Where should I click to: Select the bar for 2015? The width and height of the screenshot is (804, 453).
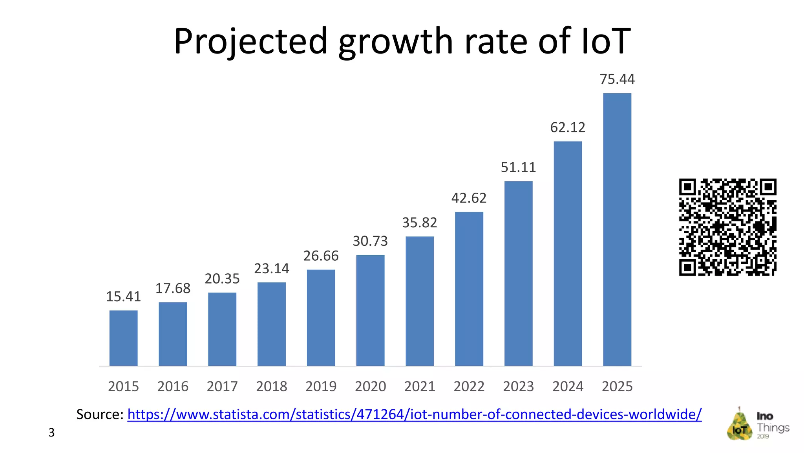point(123,338)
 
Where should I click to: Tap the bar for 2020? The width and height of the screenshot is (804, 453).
point(370,310)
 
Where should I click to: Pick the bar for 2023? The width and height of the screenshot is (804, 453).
point(518,273)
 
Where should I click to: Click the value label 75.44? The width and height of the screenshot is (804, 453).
point(617,79)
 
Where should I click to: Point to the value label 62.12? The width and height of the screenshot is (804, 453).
point(568,127)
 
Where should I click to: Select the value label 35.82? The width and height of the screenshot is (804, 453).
point(419,223)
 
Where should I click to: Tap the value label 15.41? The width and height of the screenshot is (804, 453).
point(123,296)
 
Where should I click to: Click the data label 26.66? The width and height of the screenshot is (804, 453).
point(321,256)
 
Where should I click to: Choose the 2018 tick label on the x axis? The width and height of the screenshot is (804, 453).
point(271,386)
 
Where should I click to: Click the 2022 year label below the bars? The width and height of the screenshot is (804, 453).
point(469,386)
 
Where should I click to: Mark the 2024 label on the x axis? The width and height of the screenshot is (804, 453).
point(568,386)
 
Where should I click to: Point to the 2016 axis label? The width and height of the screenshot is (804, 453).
point(173,386)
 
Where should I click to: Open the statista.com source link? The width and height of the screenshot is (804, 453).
point(414,414)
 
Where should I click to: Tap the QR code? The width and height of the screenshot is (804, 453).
point(727,227)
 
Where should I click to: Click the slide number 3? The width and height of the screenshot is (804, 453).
point(51,433)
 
